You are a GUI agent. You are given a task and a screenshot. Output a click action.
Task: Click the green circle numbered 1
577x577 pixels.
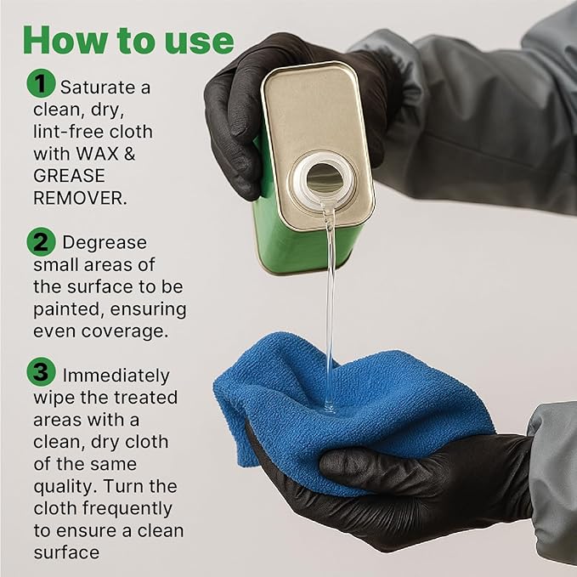click(41, 83)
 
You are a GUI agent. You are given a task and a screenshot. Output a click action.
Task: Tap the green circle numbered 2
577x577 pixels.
click(41, 242)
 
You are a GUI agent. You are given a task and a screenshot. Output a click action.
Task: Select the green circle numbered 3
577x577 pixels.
click(41, 371)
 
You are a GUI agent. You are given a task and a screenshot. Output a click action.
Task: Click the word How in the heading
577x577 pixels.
click(65, 40)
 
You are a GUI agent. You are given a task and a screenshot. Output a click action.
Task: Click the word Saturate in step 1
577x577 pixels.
click(98, 88)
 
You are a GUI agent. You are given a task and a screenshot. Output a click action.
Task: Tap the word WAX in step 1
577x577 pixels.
click(97, 154)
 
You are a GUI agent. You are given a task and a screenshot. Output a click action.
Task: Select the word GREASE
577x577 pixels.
click(69, 176)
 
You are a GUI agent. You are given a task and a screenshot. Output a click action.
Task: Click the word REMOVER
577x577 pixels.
click(80, 198)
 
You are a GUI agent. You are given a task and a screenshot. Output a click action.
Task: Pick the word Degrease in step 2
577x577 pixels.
click(105, 243)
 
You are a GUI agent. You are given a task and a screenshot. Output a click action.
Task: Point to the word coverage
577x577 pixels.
click(125, 332)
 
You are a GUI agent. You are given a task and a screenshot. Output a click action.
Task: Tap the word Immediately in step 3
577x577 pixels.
click(116, 376)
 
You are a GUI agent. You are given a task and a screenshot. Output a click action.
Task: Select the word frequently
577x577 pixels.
click(127, 509)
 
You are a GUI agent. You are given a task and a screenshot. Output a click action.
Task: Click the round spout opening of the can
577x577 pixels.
click(325, 179)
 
